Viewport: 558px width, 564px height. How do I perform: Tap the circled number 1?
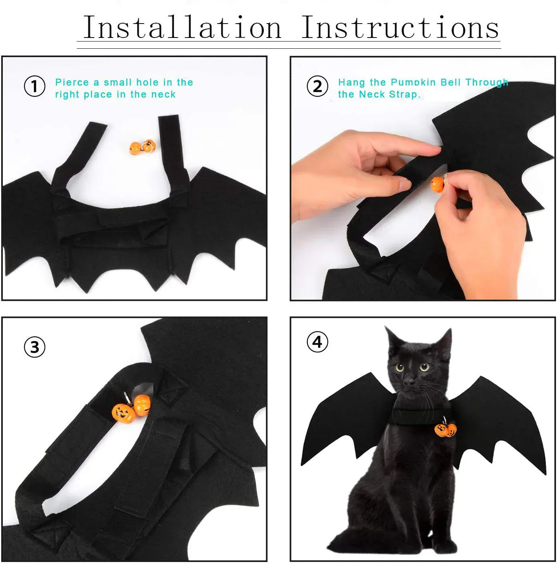pyautogui.click(x=34, y=87)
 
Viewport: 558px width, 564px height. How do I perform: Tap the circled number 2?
pyautogui.click(x=317, y=87)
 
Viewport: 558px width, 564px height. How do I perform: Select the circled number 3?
pyautogui.click(x=34, y=347)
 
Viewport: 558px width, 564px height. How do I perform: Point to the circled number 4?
pyautogui.click(x=317, y=342)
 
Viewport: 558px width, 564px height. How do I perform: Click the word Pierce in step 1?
pyautogui.click(x=72, y=83)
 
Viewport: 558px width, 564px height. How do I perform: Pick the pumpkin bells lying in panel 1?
pyautogui.click(x=142, y=147)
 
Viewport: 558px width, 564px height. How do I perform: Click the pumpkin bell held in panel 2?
pyautogui.click(x=437, y=184)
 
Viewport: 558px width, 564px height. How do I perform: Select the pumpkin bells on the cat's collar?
pyautogui.click(x=446, y=430)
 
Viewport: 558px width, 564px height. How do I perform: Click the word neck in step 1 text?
pyautogui.click(x=163, y=95)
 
